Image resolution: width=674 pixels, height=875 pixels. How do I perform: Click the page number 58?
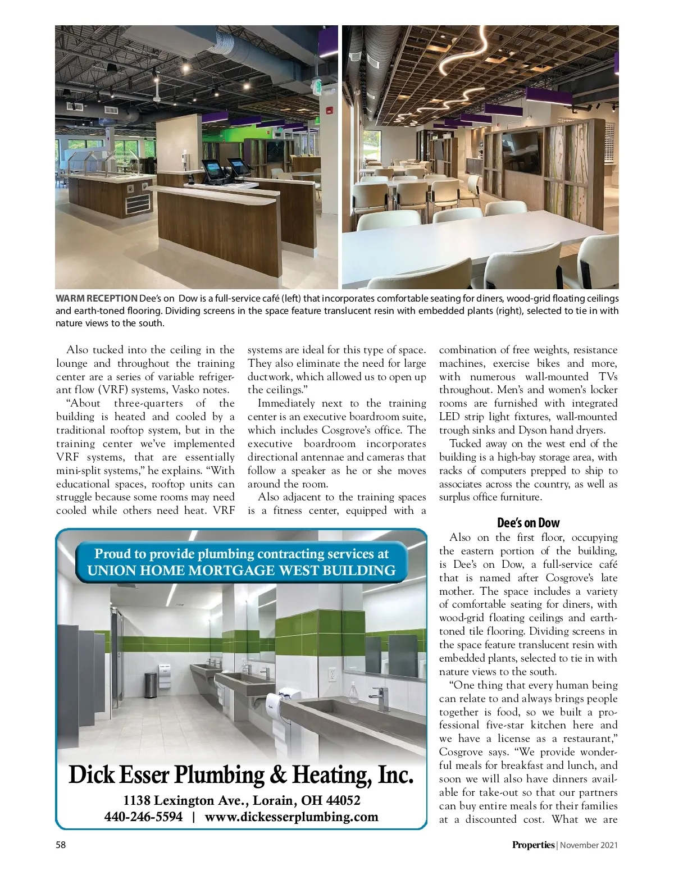[61, 845]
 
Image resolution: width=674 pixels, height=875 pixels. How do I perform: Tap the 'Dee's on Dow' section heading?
[528, 523]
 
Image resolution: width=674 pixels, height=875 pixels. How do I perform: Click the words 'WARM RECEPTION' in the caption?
[96, 299]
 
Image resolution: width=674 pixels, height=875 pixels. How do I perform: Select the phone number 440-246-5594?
[144, 817]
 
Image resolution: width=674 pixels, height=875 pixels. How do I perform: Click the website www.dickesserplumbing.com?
[291, 817]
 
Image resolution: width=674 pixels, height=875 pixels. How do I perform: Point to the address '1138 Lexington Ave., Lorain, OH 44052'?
[242, 800]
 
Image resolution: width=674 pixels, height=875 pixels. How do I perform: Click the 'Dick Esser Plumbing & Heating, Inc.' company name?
[241, 775]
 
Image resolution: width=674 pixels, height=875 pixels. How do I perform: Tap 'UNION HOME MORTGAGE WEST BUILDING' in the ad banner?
[241, 571]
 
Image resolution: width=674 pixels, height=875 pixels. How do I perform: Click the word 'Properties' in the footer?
[532, 845]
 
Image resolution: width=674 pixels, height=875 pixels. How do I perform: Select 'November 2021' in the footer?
[589, 845]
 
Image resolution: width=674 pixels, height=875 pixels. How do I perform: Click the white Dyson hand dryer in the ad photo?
[275, 702]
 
